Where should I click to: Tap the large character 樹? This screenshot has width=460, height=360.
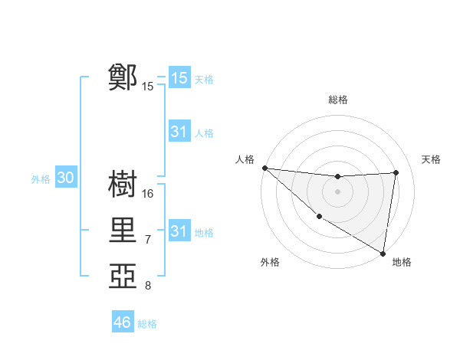point(123,184)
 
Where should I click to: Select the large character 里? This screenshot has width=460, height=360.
point(123,230)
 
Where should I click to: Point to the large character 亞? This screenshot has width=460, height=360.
point(123,276)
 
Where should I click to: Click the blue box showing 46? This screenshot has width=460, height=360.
point(123,322)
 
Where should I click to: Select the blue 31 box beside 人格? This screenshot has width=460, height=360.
point(179,132)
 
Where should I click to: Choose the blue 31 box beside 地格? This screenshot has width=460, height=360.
point(179,231)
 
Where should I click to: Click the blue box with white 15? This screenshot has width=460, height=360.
point(179,78)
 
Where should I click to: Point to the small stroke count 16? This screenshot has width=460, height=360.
point(148,194)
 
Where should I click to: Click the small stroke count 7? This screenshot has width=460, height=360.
point(148,240)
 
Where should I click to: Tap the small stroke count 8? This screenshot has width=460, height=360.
point(148,286)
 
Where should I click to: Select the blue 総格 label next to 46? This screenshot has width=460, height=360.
point(147,324)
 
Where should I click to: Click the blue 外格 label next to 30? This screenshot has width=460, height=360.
point(41,179)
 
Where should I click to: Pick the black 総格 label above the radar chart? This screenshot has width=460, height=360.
point(337,100)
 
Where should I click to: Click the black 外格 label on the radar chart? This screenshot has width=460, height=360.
point(270,263)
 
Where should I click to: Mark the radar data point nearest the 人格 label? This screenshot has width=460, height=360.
point(264,168)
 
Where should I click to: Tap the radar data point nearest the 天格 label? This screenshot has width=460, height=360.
point(396,172)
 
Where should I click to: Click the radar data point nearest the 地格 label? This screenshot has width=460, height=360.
point(383,252)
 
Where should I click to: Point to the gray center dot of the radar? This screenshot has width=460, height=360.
point(337,191)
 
